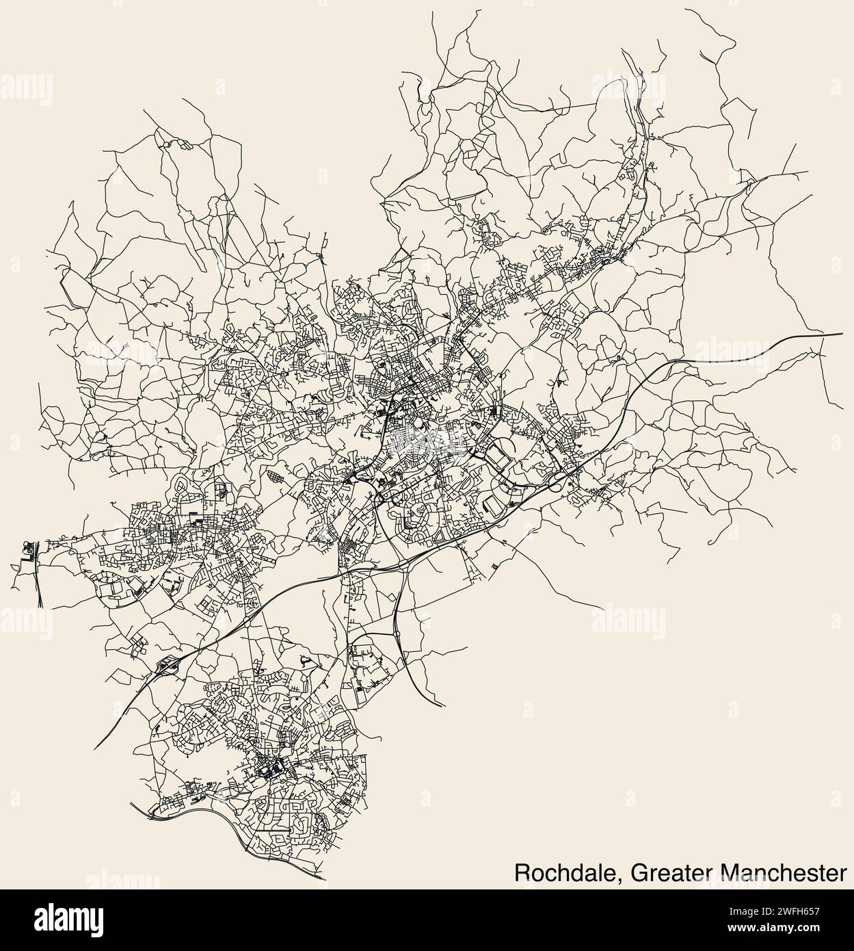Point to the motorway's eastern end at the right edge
click(x=841, y=334)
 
